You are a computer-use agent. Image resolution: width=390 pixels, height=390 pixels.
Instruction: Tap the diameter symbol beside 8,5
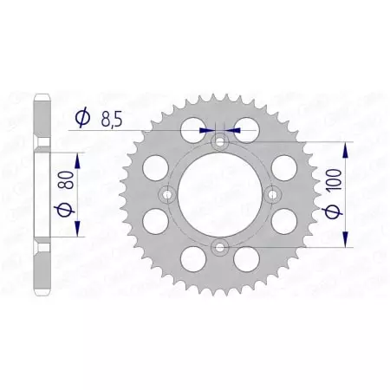click(84, 117)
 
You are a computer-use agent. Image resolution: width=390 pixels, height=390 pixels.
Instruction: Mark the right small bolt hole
click(274, 194)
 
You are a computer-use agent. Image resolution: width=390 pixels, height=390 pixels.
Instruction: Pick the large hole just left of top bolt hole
click(190, 133)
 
